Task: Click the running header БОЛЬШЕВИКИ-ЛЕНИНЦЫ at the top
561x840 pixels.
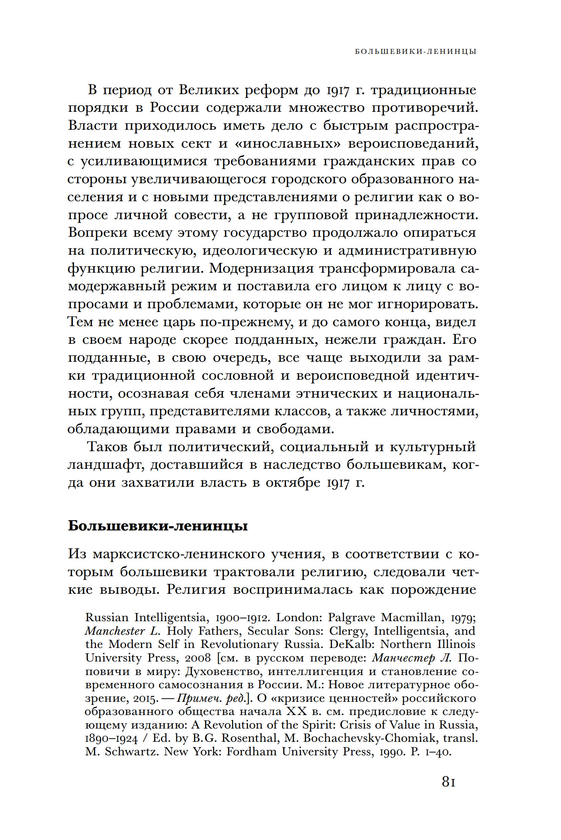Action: (x=415, y=51)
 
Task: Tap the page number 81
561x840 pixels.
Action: (x=449, y=781)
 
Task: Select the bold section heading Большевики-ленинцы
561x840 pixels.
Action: (x=158, y=526)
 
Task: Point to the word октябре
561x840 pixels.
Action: (x=293, y=483)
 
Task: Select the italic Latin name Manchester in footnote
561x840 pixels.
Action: (x=115, y=631)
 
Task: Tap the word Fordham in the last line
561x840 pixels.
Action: (x=252, y=751)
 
